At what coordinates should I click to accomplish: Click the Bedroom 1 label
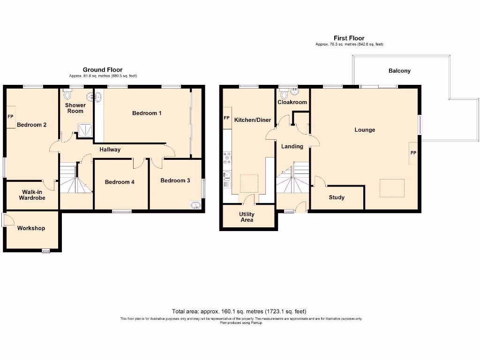[x=147, y=113]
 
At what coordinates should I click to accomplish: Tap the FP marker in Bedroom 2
[x=10, y=117]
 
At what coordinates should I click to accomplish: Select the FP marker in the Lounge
[x=413, y=153]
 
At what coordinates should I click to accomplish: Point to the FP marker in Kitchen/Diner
[x=226, y=118]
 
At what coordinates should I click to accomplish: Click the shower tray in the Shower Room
[x=85, y=130]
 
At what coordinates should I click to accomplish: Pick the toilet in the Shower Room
[x=67, y=95]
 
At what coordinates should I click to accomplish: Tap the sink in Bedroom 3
[x=195, y=205]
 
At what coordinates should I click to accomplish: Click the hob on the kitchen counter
[x=227, y=158]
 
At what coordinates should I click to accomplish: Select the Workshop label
[x=31, y=228]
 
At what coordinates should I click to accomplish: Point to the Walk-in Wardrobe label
[x=32, y=195]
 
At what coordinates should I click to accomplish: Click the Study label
[x=337, y=198]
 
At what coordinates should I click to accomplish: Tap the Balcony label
[x=399, y=71]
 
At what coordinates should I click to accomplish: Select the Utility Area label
[x=247, y=217]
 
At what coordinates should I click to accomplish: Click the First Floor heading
[x=349, y=38]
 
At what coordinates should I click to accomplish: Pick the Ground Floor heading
[x=103, y=70]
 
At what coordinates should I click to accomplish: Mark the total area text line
[x=239, y=312]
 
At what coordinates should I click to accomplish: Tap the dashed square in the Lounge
[x=392, y=188]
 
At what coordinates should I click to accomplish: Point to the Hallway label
[x=110, y=150]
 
